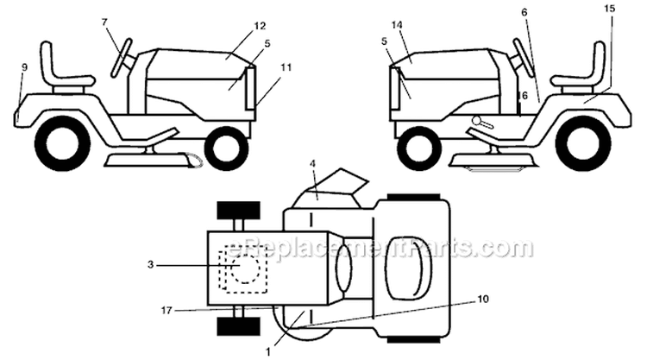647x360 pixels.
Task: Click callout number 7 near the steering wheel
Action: coord(104,22)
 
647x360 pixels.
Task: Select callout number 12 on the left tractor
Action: coord(260,26)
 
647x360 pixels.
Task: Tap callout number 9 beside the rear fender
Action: coord(24,66)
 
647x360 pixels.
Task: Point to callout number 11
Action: coord(286,66)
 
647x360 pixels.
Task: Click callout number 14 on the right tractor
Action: coord(397,25)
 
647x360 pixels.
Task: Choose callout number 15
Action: coord(609,9)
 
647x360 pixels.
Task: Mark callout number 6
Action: coord(524,12)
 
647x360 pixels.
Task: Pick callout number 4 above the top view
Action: coord(312,163)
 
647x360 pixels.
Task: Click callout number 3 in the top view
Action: coord(151,265)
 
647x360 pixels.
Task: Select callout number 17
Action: coord(166,310)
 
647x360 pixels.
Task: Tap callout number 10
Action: coord(483,299)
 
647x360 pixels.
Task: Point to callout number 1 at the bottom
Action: coord(268,352)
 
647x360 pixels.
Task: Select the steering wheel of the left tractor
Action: coord(122,58)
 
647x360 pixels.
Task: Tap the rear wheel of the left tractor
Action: coord(62,142)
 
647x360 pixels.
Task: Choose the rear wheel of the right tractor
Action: coord(583,142)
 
